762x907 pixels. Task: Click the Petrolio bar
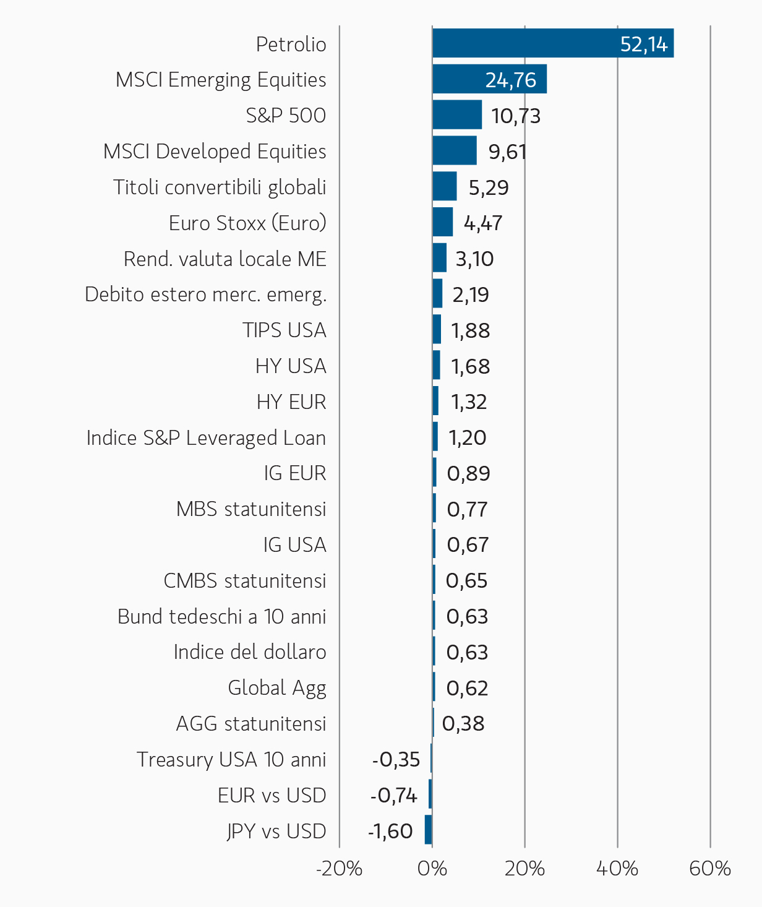coord(553,43)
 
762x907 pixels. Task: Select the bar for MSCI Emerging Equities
coord(489,79)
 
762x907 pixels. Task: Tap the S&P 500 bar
coord(457,114)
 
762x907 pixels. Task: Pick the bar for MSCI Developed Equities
coord(455,150)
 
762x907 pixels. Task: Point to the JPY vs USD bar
coord(428,830)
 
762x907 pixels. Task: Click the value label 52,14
coord(644,45)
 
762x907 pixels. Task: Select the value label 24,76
coord(511,80)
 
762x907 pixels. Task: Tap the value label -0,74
coord(394,796)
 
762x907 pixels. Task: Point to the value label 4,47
coord(483,223)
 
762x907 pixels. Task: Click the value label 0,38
coord(463,724)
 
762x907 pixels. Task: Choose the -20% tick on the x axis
coord(339,869)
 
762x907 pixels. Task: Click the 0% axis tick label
coord(432,869)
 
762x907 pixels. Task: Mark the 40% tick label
coord(617,869)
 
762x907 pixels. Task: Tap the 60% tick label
coord(710,869)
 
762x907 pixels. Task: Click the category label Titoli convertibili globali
coord(220,187)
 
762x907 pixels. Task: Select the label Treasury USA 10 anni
coord(231,760)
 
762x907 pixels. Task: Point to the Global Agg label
coord(277,689)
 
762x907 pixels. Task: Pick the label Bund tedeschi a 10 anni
coord(222,616)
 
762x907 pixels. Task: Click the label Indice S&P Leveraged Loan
coord(206,438)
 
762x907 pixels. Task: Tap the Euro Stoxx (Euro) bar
coord(442,222)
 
